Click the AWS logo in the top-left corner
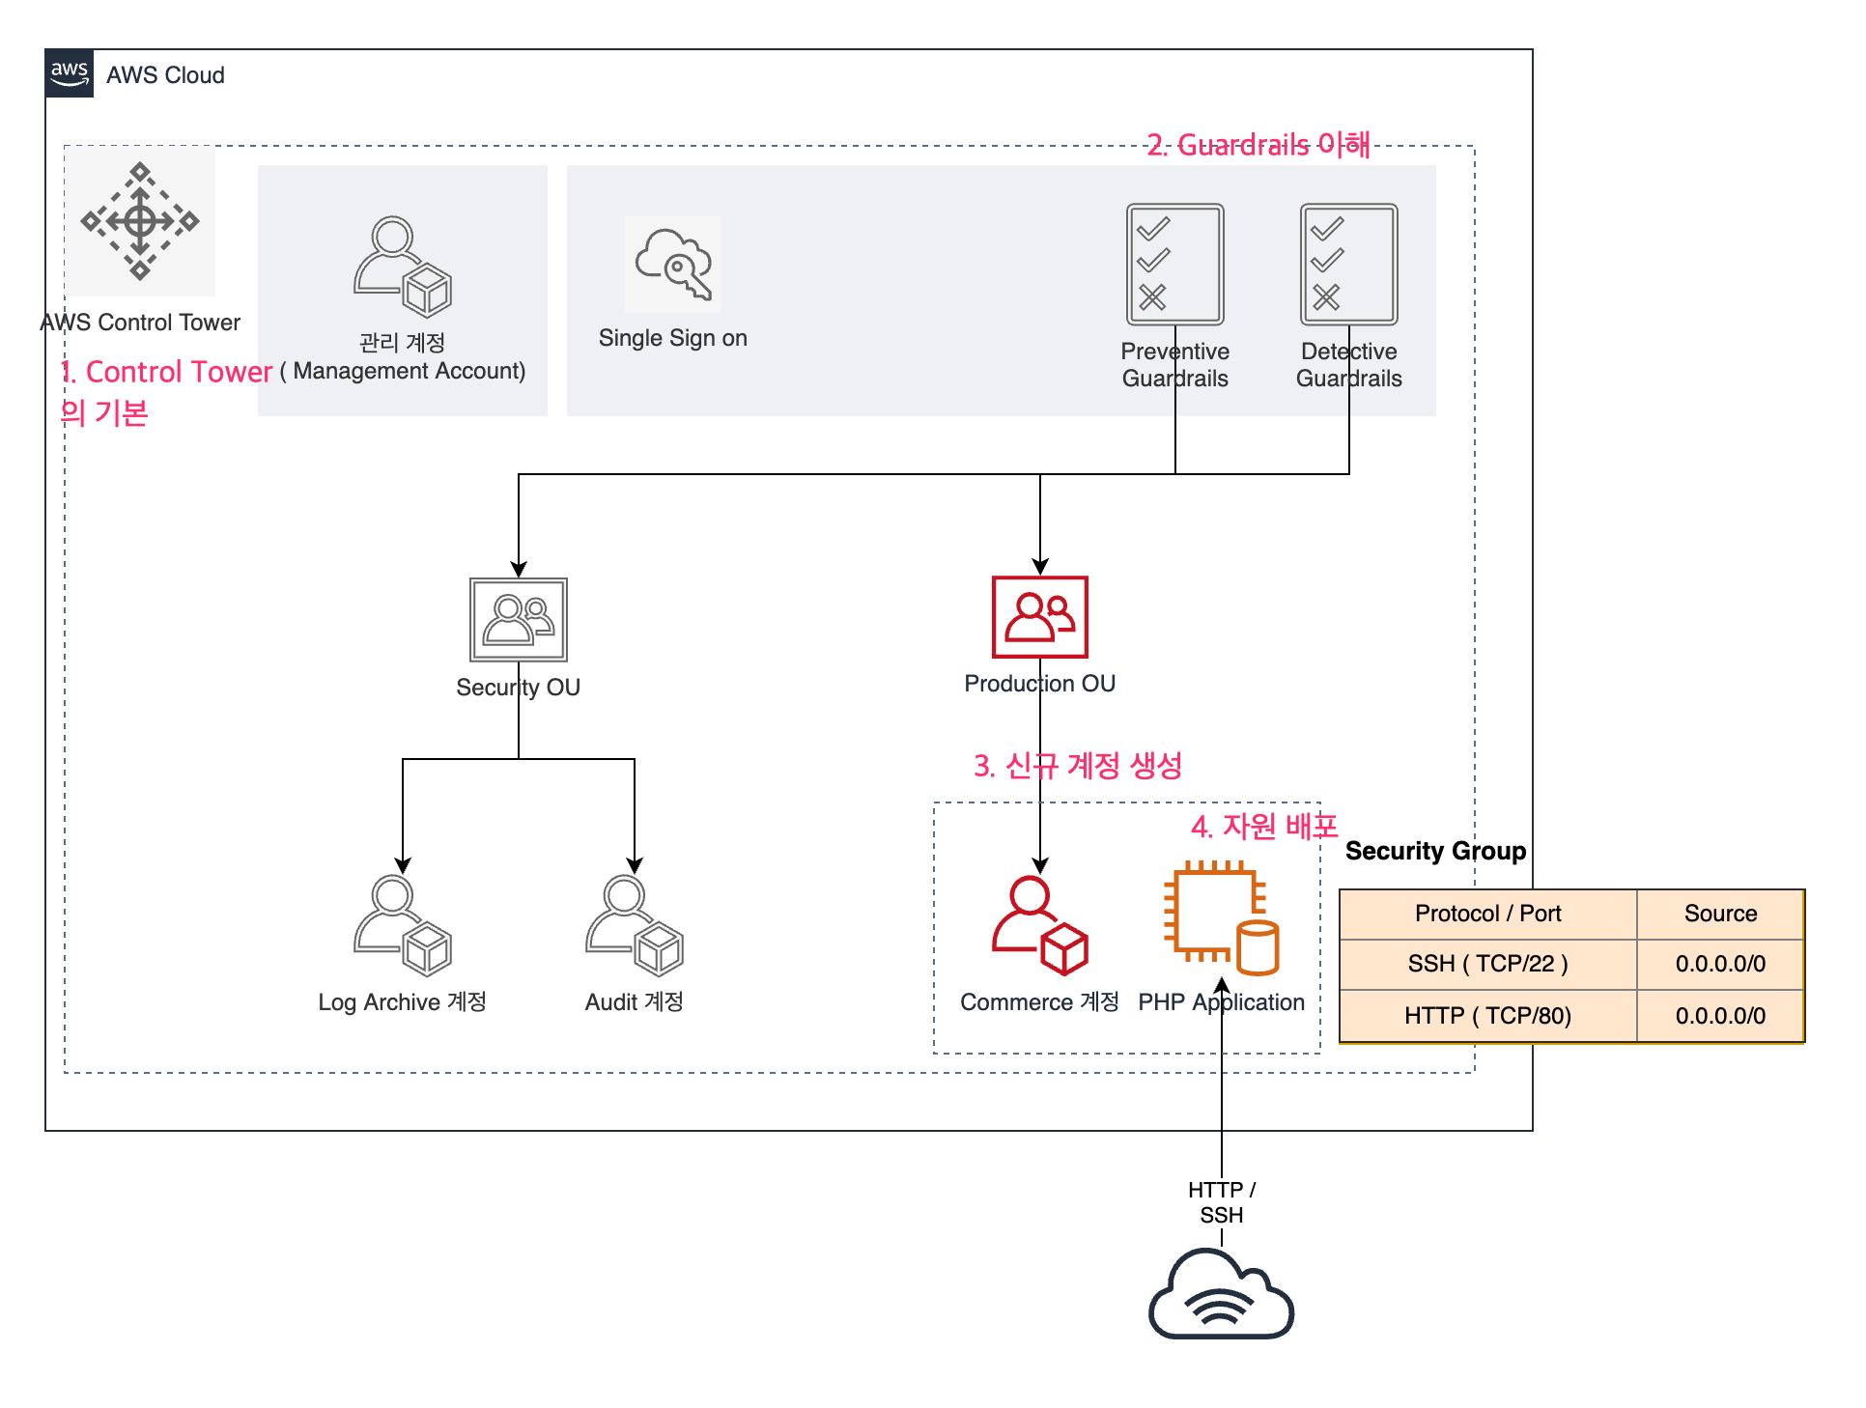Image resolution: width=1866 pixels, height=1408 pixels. pyautogui.click(x=70, y=73)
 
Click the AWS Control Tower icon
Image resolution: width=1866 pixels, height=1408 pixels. pyautogui.click(x=140, y=221)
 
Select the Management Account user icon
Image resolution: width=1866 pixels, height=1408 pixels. pyautogui.click(x=402, y=267)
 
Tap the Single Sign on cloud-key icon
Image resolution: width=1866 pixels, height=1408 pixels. pyautogui.click(x=673, y=265)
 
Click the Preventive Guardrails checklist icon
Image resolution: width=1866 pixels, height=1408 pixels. pyautogui.click(x=1174, y=264)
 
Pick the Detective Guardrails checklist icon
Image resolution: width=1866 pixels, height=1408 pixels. pyautogui.click(x=1348, y=264)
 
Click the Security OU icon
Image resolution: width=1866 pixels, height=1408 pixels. pyautogui.click(x=518, y=619)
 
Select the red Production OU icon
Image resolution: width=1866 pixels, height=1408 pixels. pyautogui.click(x=1039, y=617)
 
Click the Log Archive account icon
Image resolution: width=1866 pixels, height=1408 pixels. pyautogui.click(x=402, y=925)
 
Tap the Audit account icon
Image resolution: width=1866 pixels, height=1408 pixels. pyautogui.click(x=634, y=925)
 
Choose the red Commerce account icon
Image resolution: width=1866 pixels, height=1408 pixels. pyautogui.click(x=1039, y=925)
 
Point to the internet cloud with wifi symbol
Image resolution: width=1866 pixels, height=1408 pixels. pyautogui.click(x=1221, y=1294)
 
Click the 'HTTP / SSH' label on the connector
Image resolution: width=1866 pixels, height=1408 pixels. pyautogui.click(x=1221, y=1202)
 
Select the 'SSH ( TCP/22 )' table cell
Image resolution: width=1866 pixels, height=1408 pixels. pyautogui.click(x=1487, y=964)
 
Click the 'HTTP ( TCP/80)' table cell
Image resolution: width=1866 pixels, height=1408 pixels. pyautogui.click(x=1487, y=1016)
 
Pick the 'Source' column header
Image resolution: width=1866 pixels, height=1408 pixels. pyautogui.click(x=1720, y=914)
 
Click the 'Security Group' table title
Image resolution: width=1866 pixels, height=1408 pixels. pyautogui.click(x=1435, y=851)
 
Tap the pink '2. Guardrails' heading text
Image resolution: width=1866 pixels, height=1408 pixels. pyautogui.click(x=1258, y=145)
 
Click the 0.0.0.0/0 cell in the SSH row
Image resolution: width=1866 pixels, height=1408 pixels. pyautogui.click(x=1720, y=964)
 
